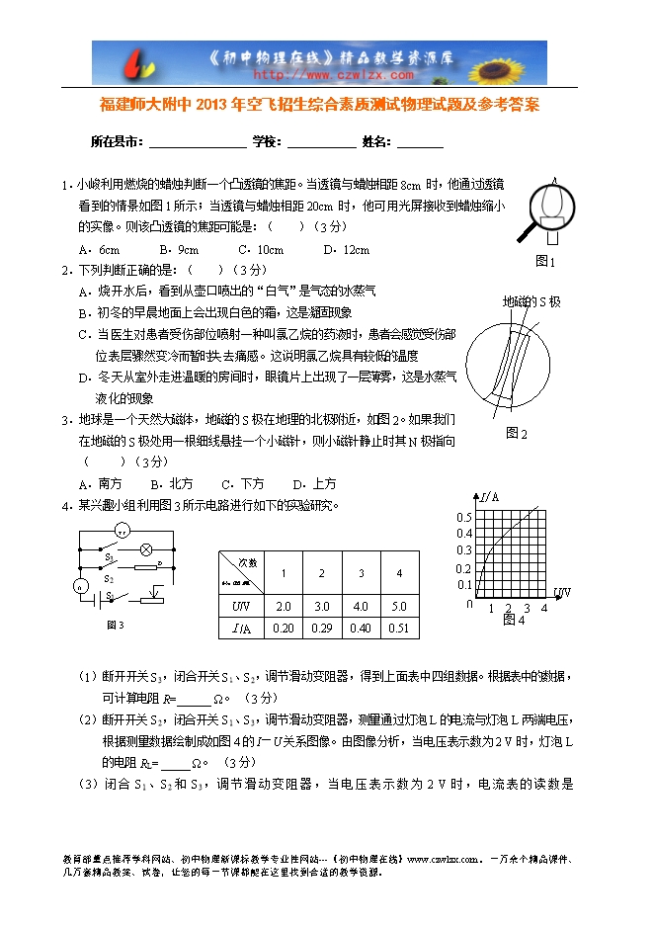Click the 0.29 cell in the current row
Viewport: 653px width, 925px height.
click(321, 628)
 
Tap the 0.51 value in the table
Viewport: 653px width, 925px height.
click(398, 628)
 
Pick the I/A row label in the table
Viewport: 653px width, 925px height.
click(241, 628)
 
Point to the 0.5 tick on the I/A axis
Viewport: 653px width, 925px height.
click(464, 518)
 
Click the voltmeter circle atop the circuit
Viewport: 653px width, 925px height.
click(122, 532)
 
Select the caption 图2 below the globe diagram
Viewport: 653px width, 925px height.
click(517, 433)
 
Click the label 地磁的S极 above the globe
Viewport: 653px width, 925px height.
click(531, 300)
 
